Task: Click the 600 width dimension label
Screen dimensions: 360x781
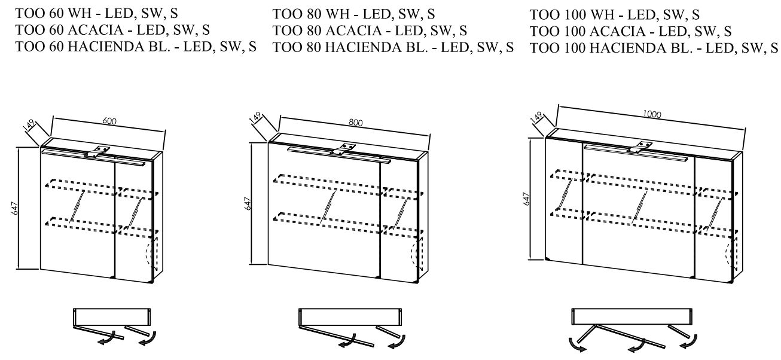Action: point(109,121)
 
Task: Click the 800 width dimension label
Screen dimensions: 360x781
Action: point(356,123)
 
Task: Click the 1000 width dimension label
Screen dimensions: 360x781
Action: point(652,114)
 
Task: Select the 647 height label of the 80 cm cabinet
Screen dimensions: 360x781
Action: point(247,203)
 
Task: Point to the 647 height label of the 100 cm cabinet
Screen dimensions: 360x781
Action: point(526,199)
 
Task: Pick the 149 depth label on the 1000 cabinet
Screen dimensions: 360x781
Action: point(536,117)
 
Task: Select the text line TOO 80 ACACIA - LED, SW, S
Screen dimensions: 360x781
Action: point(370,30)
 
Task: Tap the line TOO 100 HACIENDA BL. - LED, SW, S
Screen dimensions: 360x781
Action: point(654,49)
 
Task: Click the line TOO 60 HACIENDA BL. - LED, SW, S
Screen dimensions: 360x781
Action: point(136,47)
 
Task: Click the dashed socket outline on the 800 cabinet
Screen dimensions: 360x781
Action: point(414,254)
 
